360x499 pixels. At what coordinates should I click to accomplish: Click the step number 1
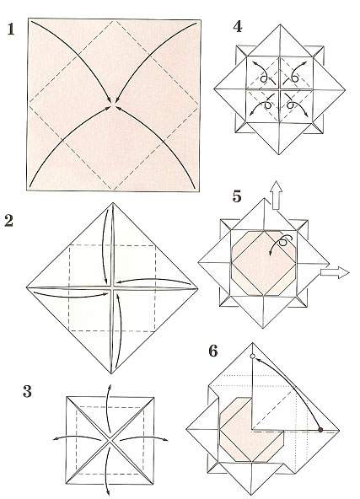coord(10,30)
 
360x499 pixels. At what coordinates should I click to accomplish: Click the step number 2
coord(9,221)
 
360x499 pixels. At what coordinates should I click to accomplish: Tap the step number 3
coord(27,391)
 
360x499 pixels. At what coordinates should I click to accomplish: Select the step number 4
coord(238,27)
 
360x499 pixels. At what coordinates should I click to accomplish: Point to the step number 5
coord(237,196)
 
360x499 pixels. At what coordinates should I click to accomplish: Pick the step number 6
coord(213,351)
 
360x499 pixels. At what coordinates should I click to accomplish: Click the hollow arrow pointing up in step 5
coord(276,195)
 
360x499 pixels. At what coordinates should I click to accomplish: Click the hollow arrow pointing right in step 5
coord(335,273)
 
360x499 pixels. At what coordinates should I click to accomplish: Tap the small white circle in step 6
coord(253,357)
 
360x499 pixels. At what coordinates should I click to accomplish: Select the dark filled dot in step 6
coord(320,430)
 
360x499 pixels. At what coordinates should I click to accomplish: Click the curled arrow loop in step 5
coord(283,242)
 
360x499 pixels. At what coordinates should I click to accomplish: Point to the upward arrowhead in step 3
coord(110,386)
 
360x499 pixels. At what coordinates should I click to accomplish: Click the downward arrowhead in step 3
coord(108,493)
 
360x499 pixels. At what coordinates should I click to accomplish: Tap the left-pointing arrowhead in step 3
coord(55,439)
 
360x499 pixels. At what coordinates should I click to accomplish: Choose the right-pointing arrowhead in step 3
coord(166,440)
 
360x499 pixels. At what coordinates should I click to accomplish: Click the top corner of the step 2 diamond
coord(112,202)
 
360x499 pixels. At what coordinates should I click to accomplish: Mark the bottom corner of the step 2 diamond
coord(111,373)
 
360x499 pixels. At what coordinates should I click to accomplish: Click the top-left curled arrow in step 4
coord(261,72)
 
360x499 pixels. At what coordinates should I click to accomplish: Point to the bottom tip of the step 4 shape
coord(279,154)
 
